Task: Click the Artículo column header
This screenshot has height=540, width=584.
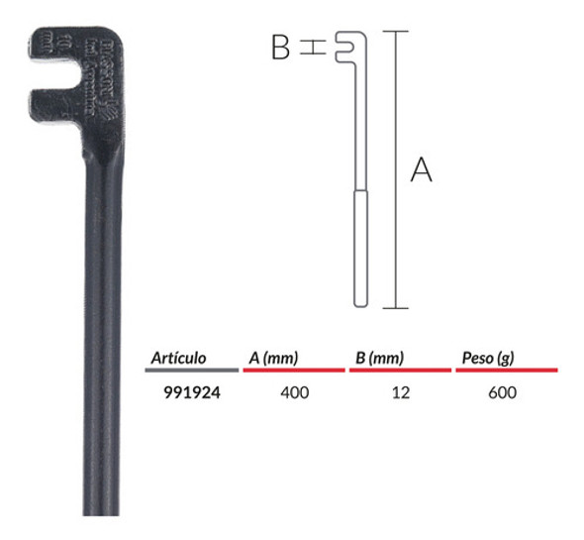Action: (x=179, y=358)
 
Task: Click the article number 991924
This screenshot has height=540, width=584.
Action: (x=191, y=392)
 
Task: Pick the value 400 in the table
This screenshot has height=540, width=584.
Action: (x=295, y=392)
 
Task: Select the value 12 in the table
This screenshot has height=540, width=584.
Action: (x=401, y=392)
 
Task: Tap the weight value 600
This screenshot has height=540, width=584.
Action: (x=503, y=392)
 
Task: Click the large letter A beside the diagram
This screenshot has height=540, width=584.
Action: (x=422, y=170)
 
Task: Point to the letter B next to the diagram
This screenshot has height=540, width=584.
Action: (x=281, y=47)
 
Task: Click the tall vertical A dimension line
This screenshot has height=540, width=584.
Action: (x=395, y=168)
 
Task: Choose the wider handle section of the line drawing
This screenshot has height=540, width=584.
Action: (x=361, y=248)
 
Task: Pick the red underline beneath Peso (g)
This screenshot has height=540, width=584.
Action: (x=506, y=370)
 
